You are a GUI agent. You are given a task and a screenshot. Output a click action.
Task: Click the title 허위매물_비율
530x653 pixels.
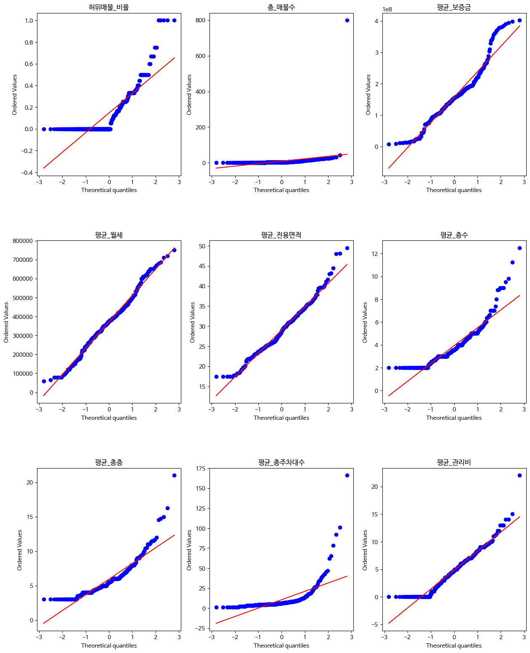(109, 7)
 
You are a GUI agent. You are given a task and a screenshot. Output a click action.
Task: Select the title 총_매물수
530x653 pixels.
(281, 7)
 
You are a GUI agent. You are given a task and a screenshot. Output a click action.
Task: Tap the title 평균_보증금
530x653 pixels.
(453, 7)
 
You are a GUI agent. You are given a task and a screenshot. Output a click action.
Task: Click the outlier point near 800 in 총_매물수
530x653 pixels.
(347, 20)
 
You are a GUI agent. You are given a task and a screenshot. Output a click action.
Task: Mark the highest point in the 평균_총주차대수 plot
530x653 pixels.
(347, 475)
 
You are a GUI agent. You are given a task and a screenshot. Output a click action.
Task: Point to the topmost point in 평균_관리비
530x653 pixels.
(519, 475)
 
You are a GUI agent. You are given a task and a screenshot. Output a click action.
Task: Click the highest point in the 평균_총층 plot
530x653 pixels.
(174, 475)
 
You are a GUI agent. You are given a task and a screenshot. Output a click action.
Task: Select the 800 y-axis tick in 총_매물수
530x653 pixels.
(200, 20)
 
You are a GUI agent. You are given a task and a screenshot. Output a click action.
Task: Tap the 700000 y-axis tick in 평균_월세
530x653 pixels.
(22, 260)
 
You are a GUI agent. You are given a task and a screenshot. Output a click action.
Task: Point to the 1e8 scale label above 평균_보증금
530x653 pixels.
(387, 10)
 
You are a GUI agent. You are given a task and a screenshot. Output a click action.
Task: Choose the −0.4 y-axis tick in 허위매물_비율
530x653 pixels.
(26, 172)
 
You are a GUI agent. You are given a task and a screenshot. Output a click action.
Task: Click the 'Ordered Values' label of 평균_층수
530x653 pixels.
(365, 322)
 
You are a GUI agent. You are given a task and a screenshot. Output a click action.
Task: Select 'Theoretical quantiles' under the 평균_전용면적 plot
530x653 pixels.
(281, 418)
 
